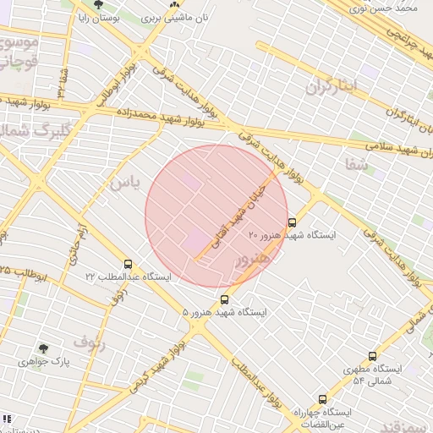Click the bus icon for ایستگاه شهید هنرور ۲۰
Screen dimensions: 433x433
[293, 222]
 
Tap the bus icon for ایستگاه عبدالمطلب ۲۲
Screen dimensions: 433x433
[128, 264]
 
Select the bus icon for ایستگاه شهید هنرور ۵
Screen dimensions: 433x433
[224, 299]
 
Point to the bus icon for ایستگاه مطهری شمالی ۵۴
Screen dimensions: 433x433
[372, 357]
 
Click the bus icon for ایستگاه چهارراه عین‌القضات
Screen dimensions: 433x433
[322, 399]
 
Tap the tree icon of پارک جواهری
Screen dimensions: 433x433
[43, 348]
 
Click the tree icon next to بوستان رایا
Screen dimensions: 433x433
[99, 4]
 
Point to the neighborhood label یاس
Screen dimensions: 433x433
[121, 183]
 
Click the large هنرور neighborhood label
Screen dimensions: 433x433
[254, 258]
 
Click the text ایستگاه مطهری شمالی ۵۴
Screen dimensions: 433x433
[372, 375]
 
